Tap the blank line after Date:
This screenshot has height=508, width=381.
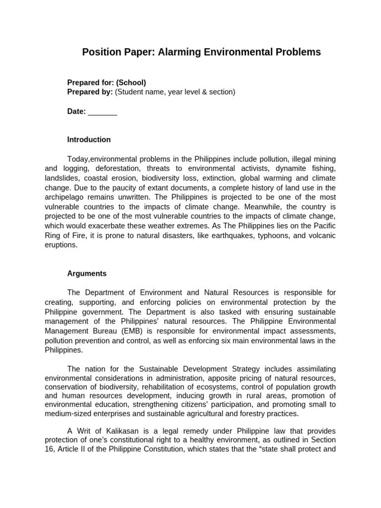[x=102, y=112]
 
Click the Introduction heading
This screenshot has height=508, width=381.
[x=89, y=139]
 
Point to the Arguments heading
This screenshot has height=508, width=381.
[x=87, y=273]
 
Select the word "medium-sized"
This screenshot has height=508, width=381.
[x=66, y=413]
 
